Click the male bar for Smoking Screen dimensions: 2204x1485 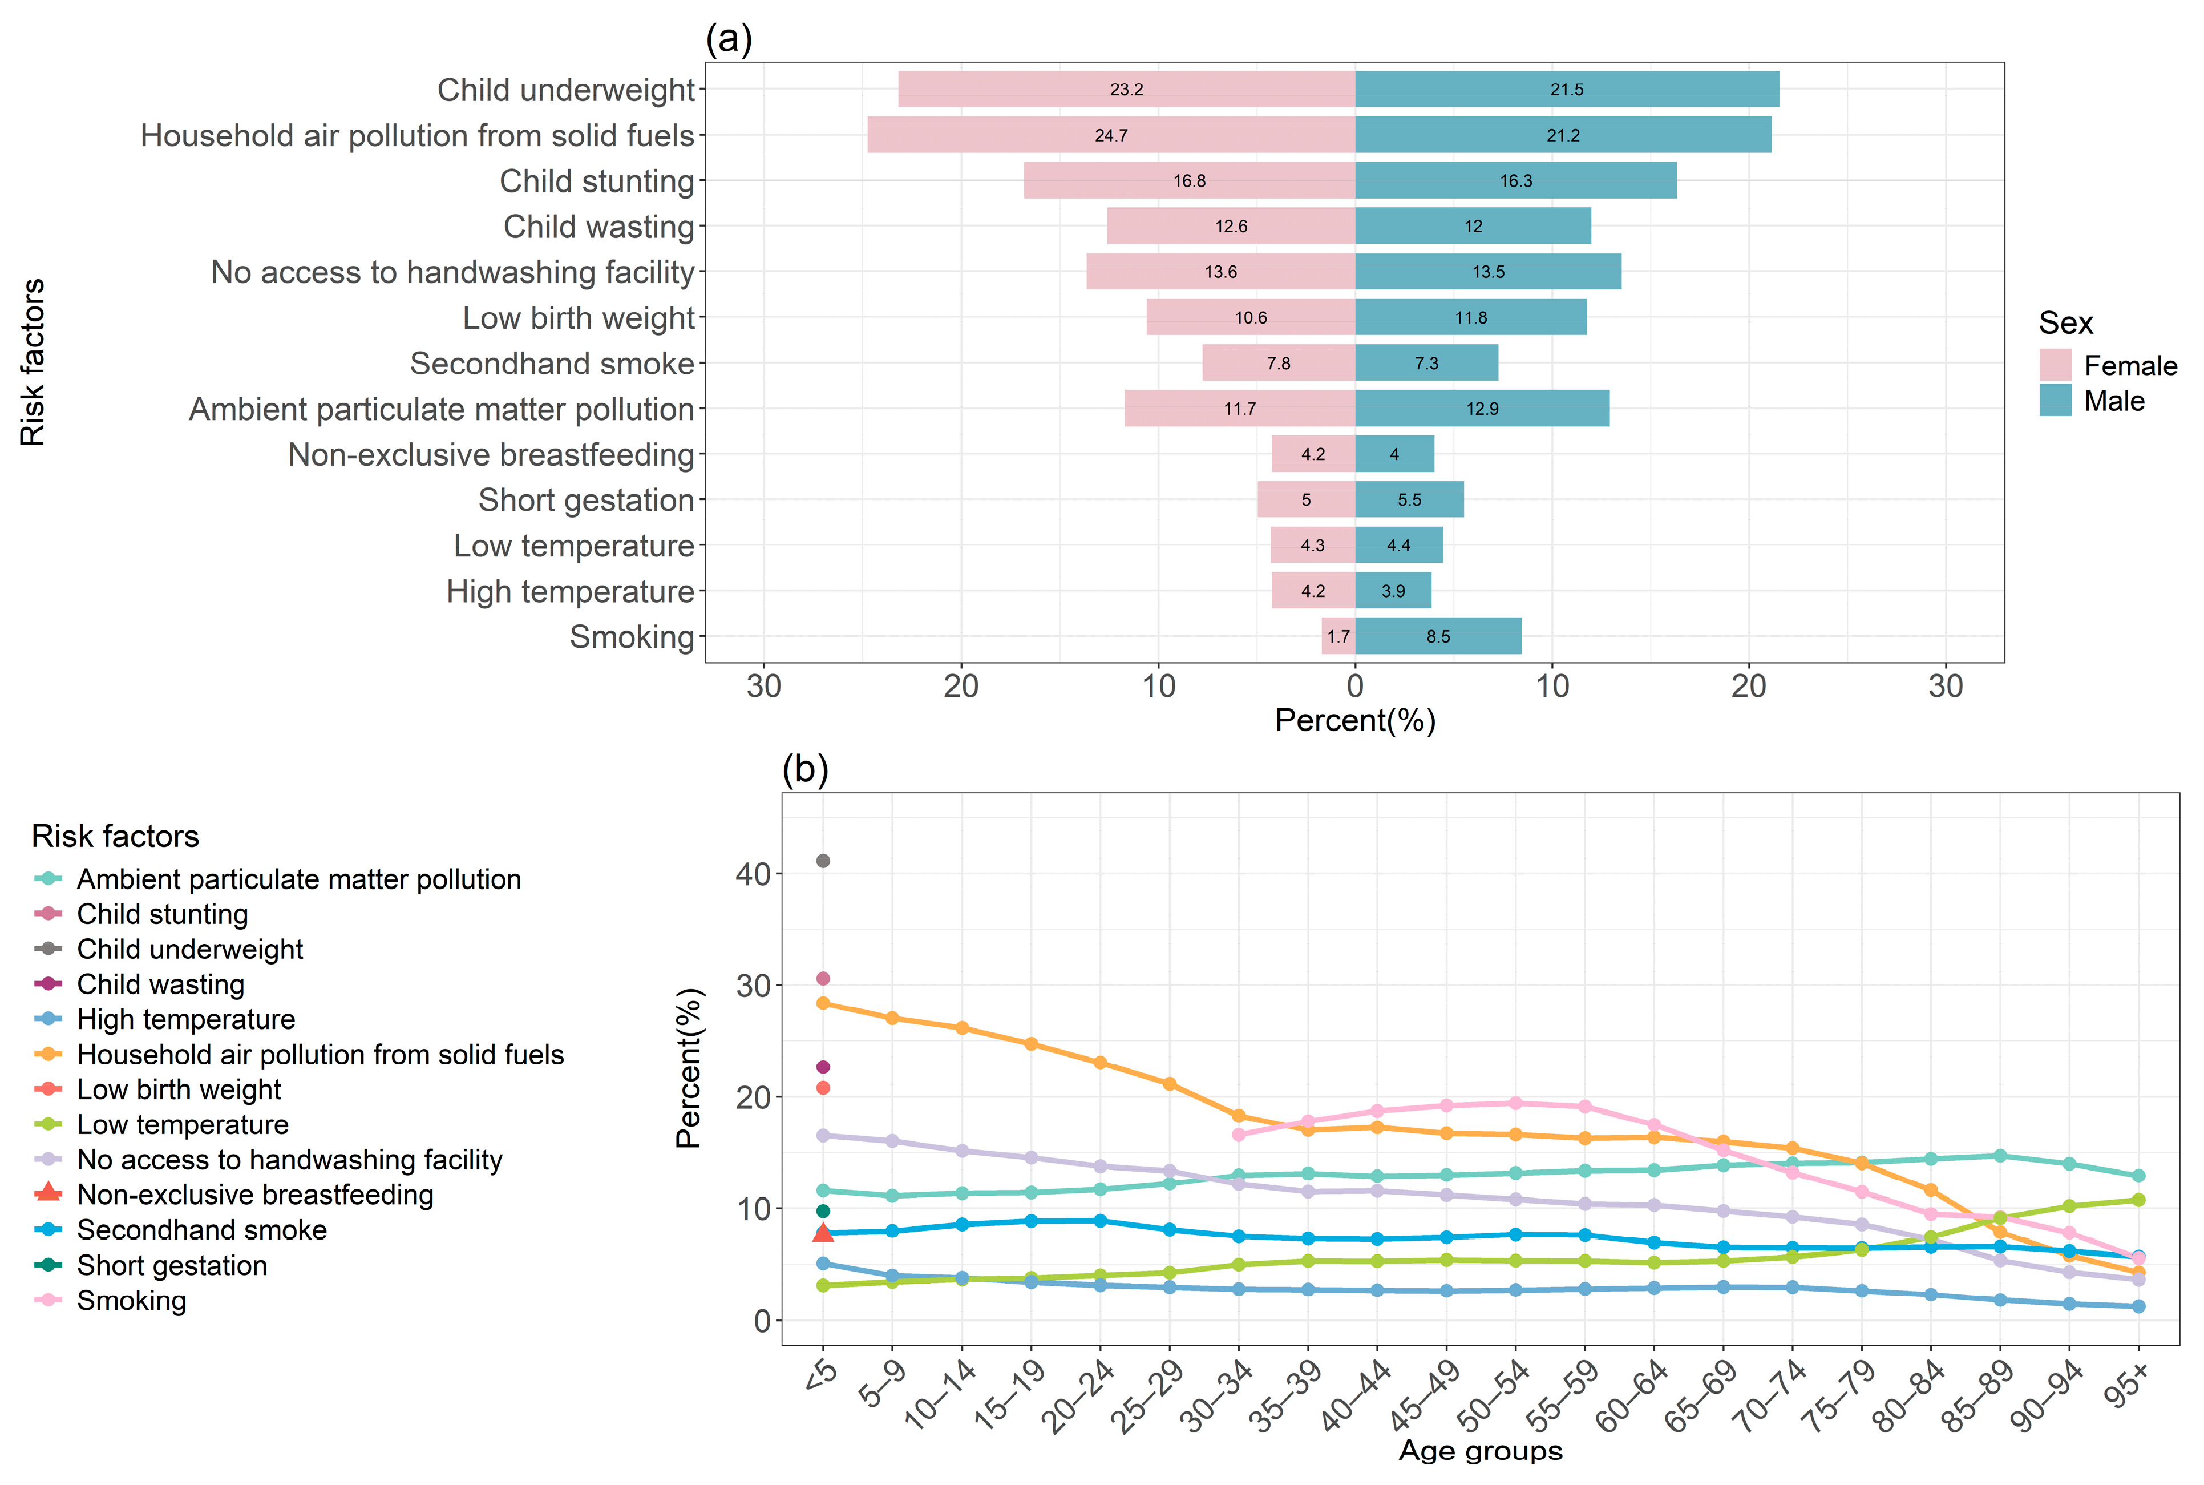[1438, 636]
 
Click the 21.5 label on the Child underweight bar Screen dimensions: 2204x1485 [1567, 90]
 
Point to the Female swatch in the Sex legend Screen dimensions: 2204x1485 [2055, 365]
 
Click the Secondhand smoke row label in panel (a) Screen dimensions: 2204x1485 [552, 364]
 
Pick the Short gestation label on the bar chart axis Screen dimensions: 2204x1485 [586, 500]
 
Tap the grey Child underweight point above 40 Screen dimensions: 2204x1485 [823, 861]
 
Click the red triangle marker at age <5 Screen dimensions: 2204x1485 [823, 1232]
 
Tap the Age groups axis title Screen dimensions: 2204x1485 [1481, 1451]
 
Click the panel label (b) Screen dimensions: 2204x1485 [804, 769]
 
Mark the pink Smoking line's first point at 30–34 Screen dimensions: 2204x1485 [1238, 1135]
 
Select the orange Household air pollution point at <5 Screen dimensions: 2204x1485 [823, 1003]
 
